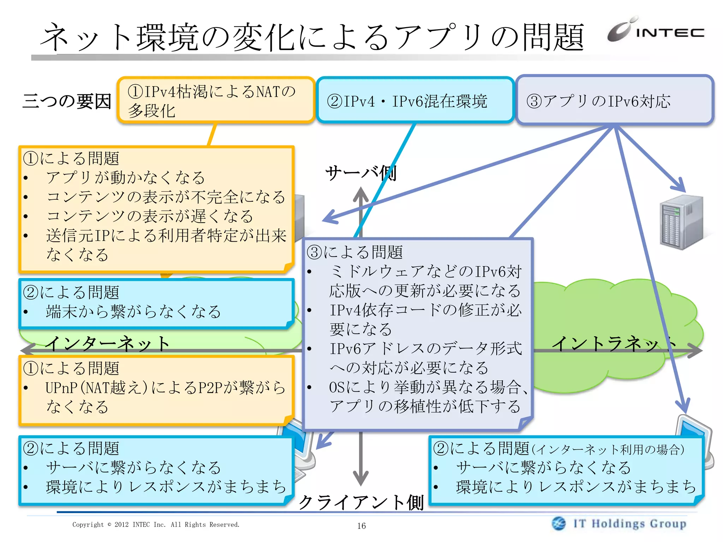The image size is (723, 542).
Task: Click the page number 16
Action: [361, 526]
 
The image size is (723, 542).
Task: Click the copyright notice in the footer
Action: [156, 525]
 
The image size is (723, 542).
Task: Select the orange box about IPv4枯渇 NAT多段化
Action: [216, 101]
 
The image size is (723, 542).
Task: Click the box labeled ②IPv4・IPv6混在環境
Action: [415, 101]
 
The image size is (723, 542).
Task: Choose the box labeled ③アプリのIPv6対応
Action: [614, 101]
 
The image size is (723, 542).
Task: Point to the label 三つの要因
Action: [67, 101]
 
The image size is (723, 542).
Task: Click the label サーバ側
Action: [361, 173]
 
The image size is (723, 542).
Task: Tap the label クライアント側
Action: [361, 502]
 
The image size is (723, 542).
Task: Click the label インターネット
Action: [108, 343]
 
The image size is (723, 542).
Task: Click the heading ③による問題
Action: [355, 252]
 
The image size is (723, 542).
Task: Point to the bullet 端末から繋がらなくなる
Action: [133, 312]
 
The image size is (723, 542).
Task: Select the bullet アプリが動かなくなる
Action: [125, 177]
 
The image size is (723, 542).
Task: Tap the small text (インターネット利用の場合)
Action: [608, 450]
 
